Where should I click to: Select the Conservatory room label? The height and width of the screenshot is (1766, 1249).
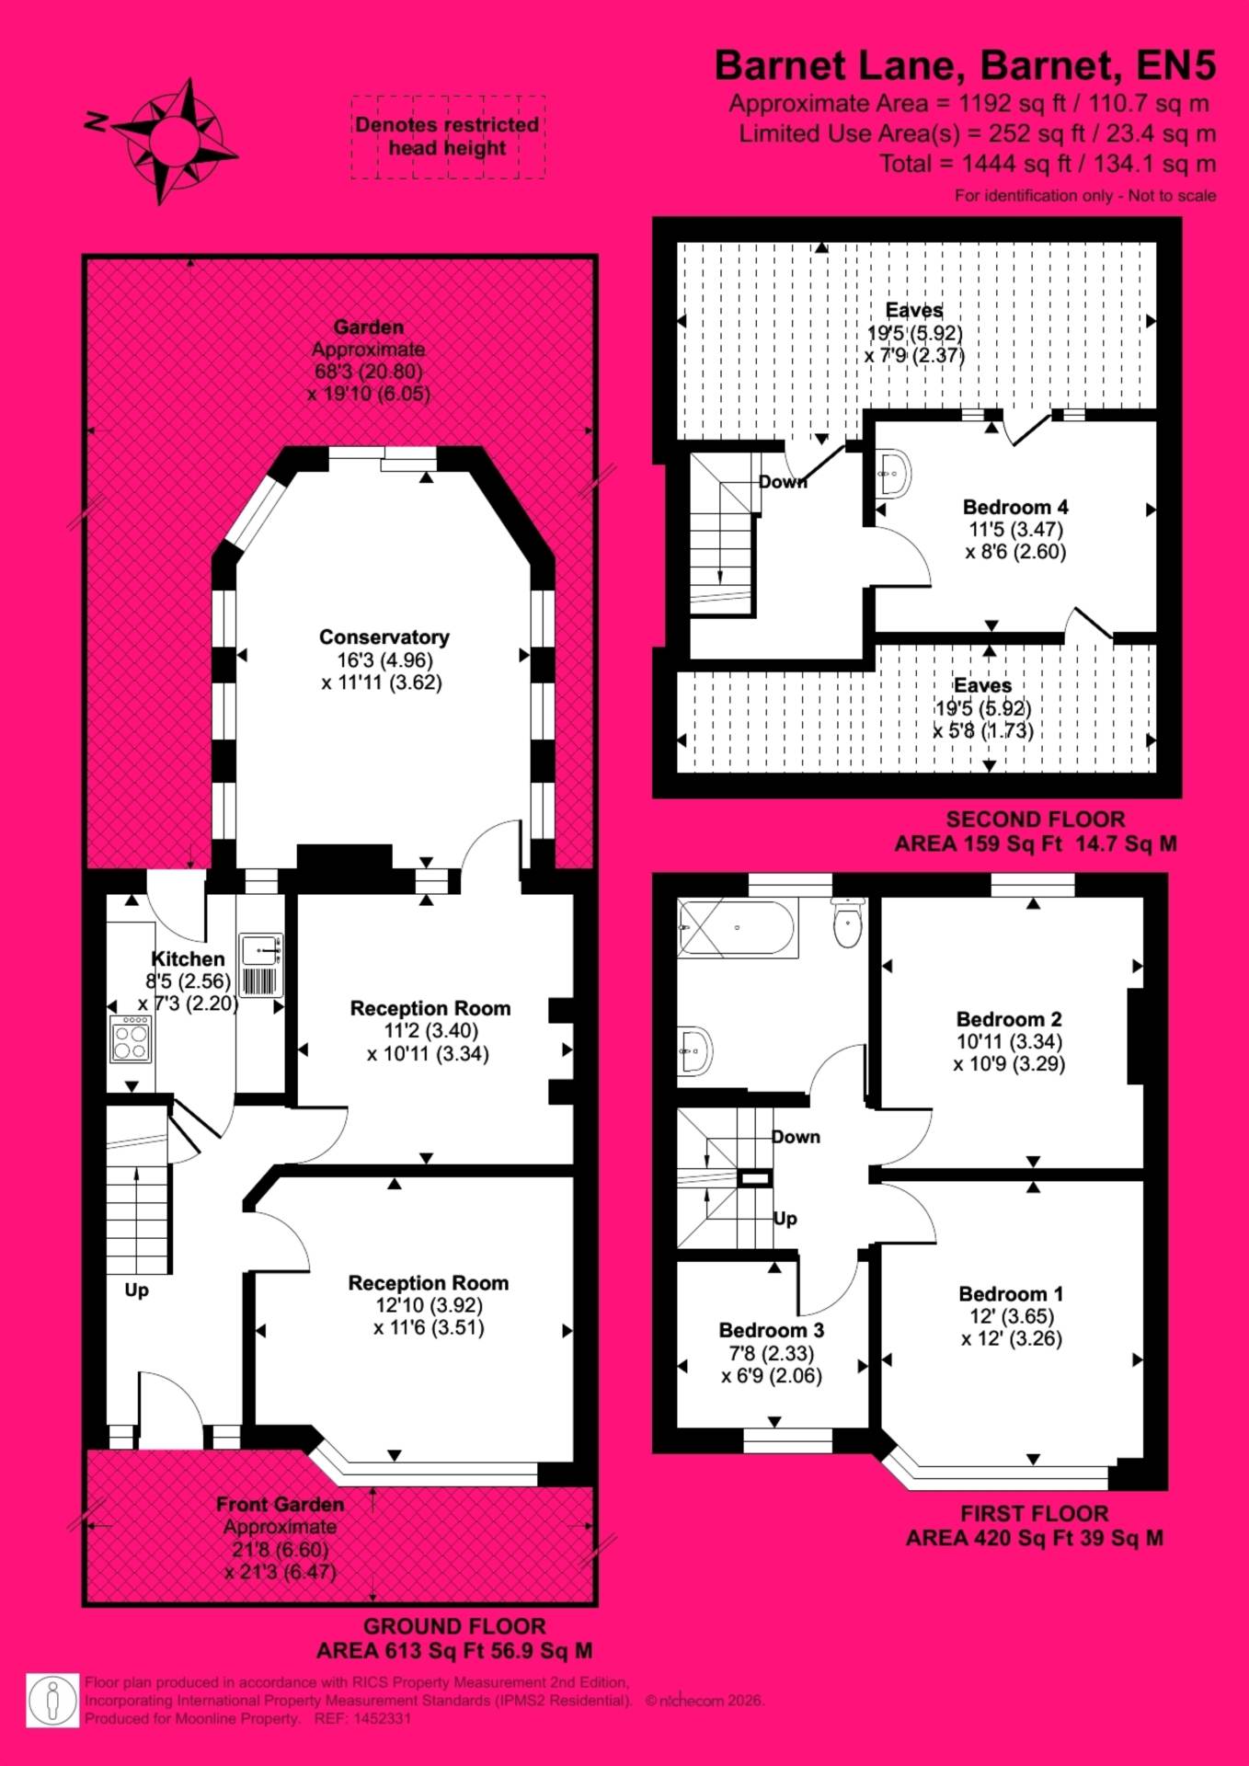(x=384, y=636)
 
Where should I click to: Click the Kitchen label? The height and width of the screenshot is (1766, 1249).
(x=188, y=958)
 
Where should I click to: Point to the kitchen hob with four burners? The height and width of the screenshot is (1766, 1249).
(x=131, y=1038)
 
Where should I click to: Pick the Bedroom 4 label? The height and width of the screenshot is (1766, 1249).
(x=1015, y=507)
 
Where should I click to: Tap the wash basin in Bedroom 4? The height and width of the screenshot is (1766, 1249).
(x=891, y=473)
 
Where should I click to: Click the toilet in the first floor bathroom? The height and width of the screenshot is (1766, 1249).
(x=848, y=923)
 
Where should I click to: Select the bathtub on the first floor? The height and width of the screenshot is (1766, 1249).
(x=736, y=928)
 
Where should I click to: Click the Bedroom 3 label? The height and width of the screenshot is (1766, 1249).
(x=772, y=1330)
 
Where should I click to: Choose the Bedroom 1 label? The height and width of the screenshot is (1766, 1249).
(x=1012, y=1293)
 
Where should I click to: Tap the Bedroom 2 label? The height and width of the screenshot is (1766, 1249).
(x=1009, y=1019)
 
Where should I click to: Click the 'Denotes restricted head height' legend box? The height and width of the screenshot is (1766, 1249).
(x=448, y=136)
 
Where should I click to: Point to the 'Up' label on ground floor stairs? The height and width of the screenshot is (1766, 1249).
(x=137, y=1290)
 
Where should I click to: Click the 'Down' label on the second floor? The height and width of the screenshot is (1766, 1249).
(x=783, y=481)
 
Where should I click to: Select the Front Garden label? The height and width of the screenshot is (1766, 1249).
(x=281, y=1504)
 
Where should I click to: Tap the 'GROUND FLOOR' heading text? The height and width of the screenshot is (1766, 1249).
(x=454, y=1626)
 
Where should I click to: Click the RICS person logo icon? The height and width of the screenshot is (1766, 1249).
(x=52, y=1700)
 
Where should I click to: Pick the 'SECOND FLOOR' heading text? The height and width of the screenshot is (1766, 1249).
(x=1036, y=820)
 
